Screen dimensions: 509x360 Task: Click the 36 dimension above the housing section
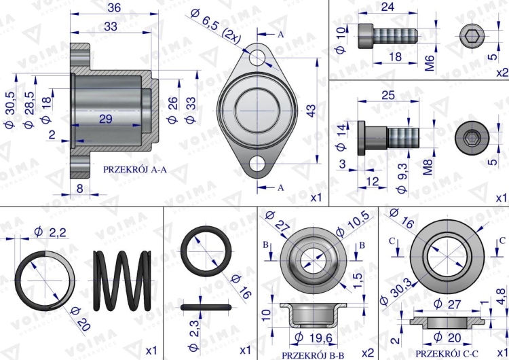click(x=114, y=7)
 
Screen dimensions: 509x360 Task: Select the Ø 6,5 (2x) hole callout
click(x=216, y=26)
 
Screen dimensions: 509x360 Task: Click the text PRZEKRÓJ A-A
click(x=135, y=169)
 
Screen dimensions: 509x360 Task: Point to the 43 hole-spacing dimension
click(x=311, y=111)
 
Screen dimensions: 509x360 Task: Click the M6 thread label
click(x=430, y=63)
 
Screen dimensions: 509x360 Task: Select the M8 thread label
click(x=428, y=167)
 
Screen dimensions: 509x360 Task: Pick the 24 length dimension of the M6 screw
click(x=388, y=7)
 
